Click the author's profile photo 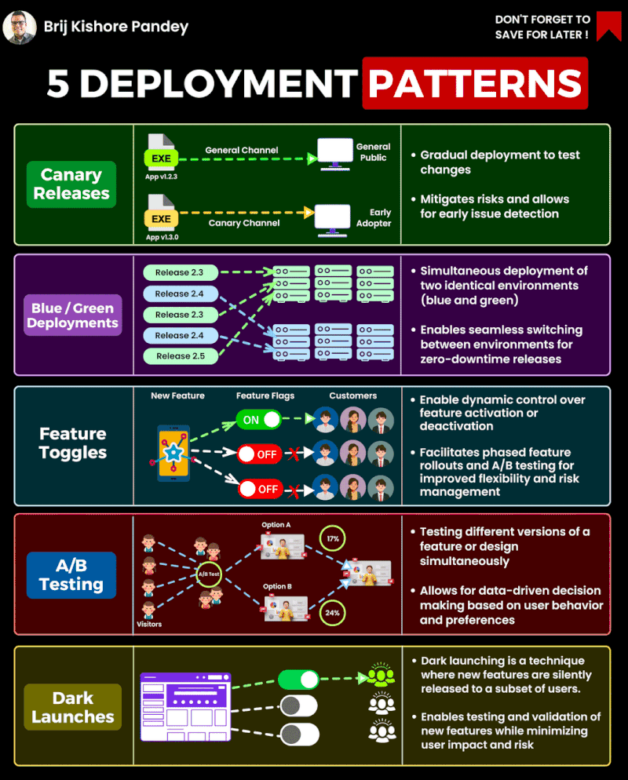coord(19,27)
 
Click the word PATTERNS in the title coord(475,84)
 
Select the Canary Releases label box coord(71,184)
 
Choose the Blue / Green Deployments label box coord(72,315)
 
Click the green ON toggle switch coord(259,419)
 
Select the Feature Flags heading coord(265,396)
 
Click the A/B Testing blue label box coord(71,575)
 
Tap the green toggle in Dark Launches coord(298,679)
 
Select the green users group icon coord(382,676)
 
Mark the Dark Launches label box coord(72,707)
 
